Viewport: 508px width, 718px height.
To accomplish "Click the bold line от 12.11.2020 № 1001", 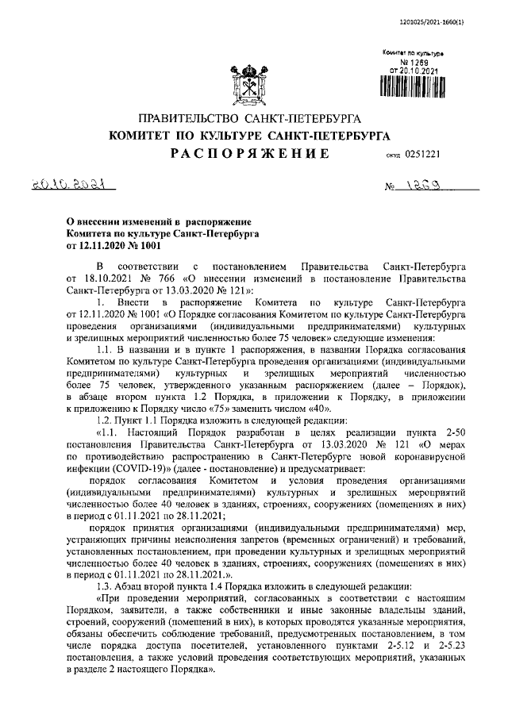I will pos(109,245).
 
